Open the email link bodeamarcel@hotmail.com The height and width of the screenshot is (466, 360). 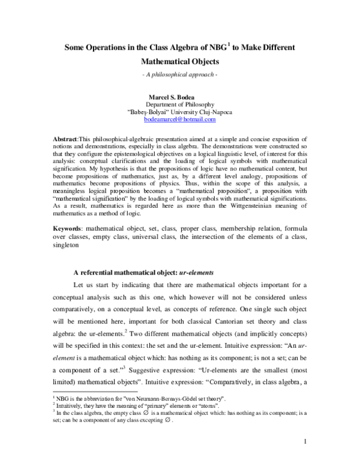[180, 120]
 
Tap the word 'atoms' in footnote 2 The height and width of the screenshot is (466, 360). [178, 422]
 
